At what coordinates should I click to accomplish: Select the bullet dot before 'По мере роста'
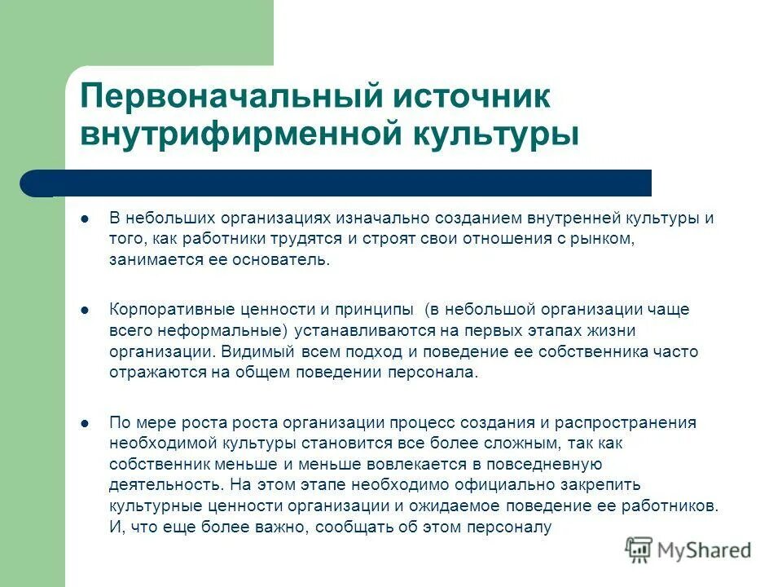coord(86,423)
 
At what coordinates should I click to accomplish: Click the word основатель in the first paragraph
coord(290,259)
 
